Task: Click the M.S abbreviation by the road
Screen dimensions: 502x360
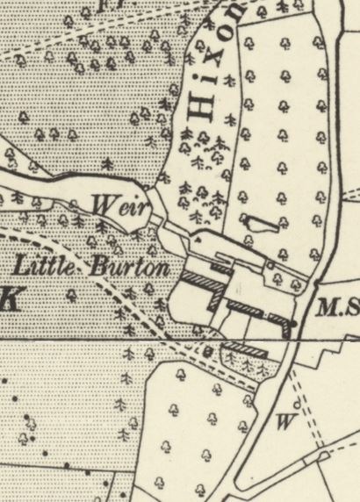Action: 338,308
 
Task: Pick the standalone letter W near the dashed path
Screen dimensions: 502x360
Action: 283,420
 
